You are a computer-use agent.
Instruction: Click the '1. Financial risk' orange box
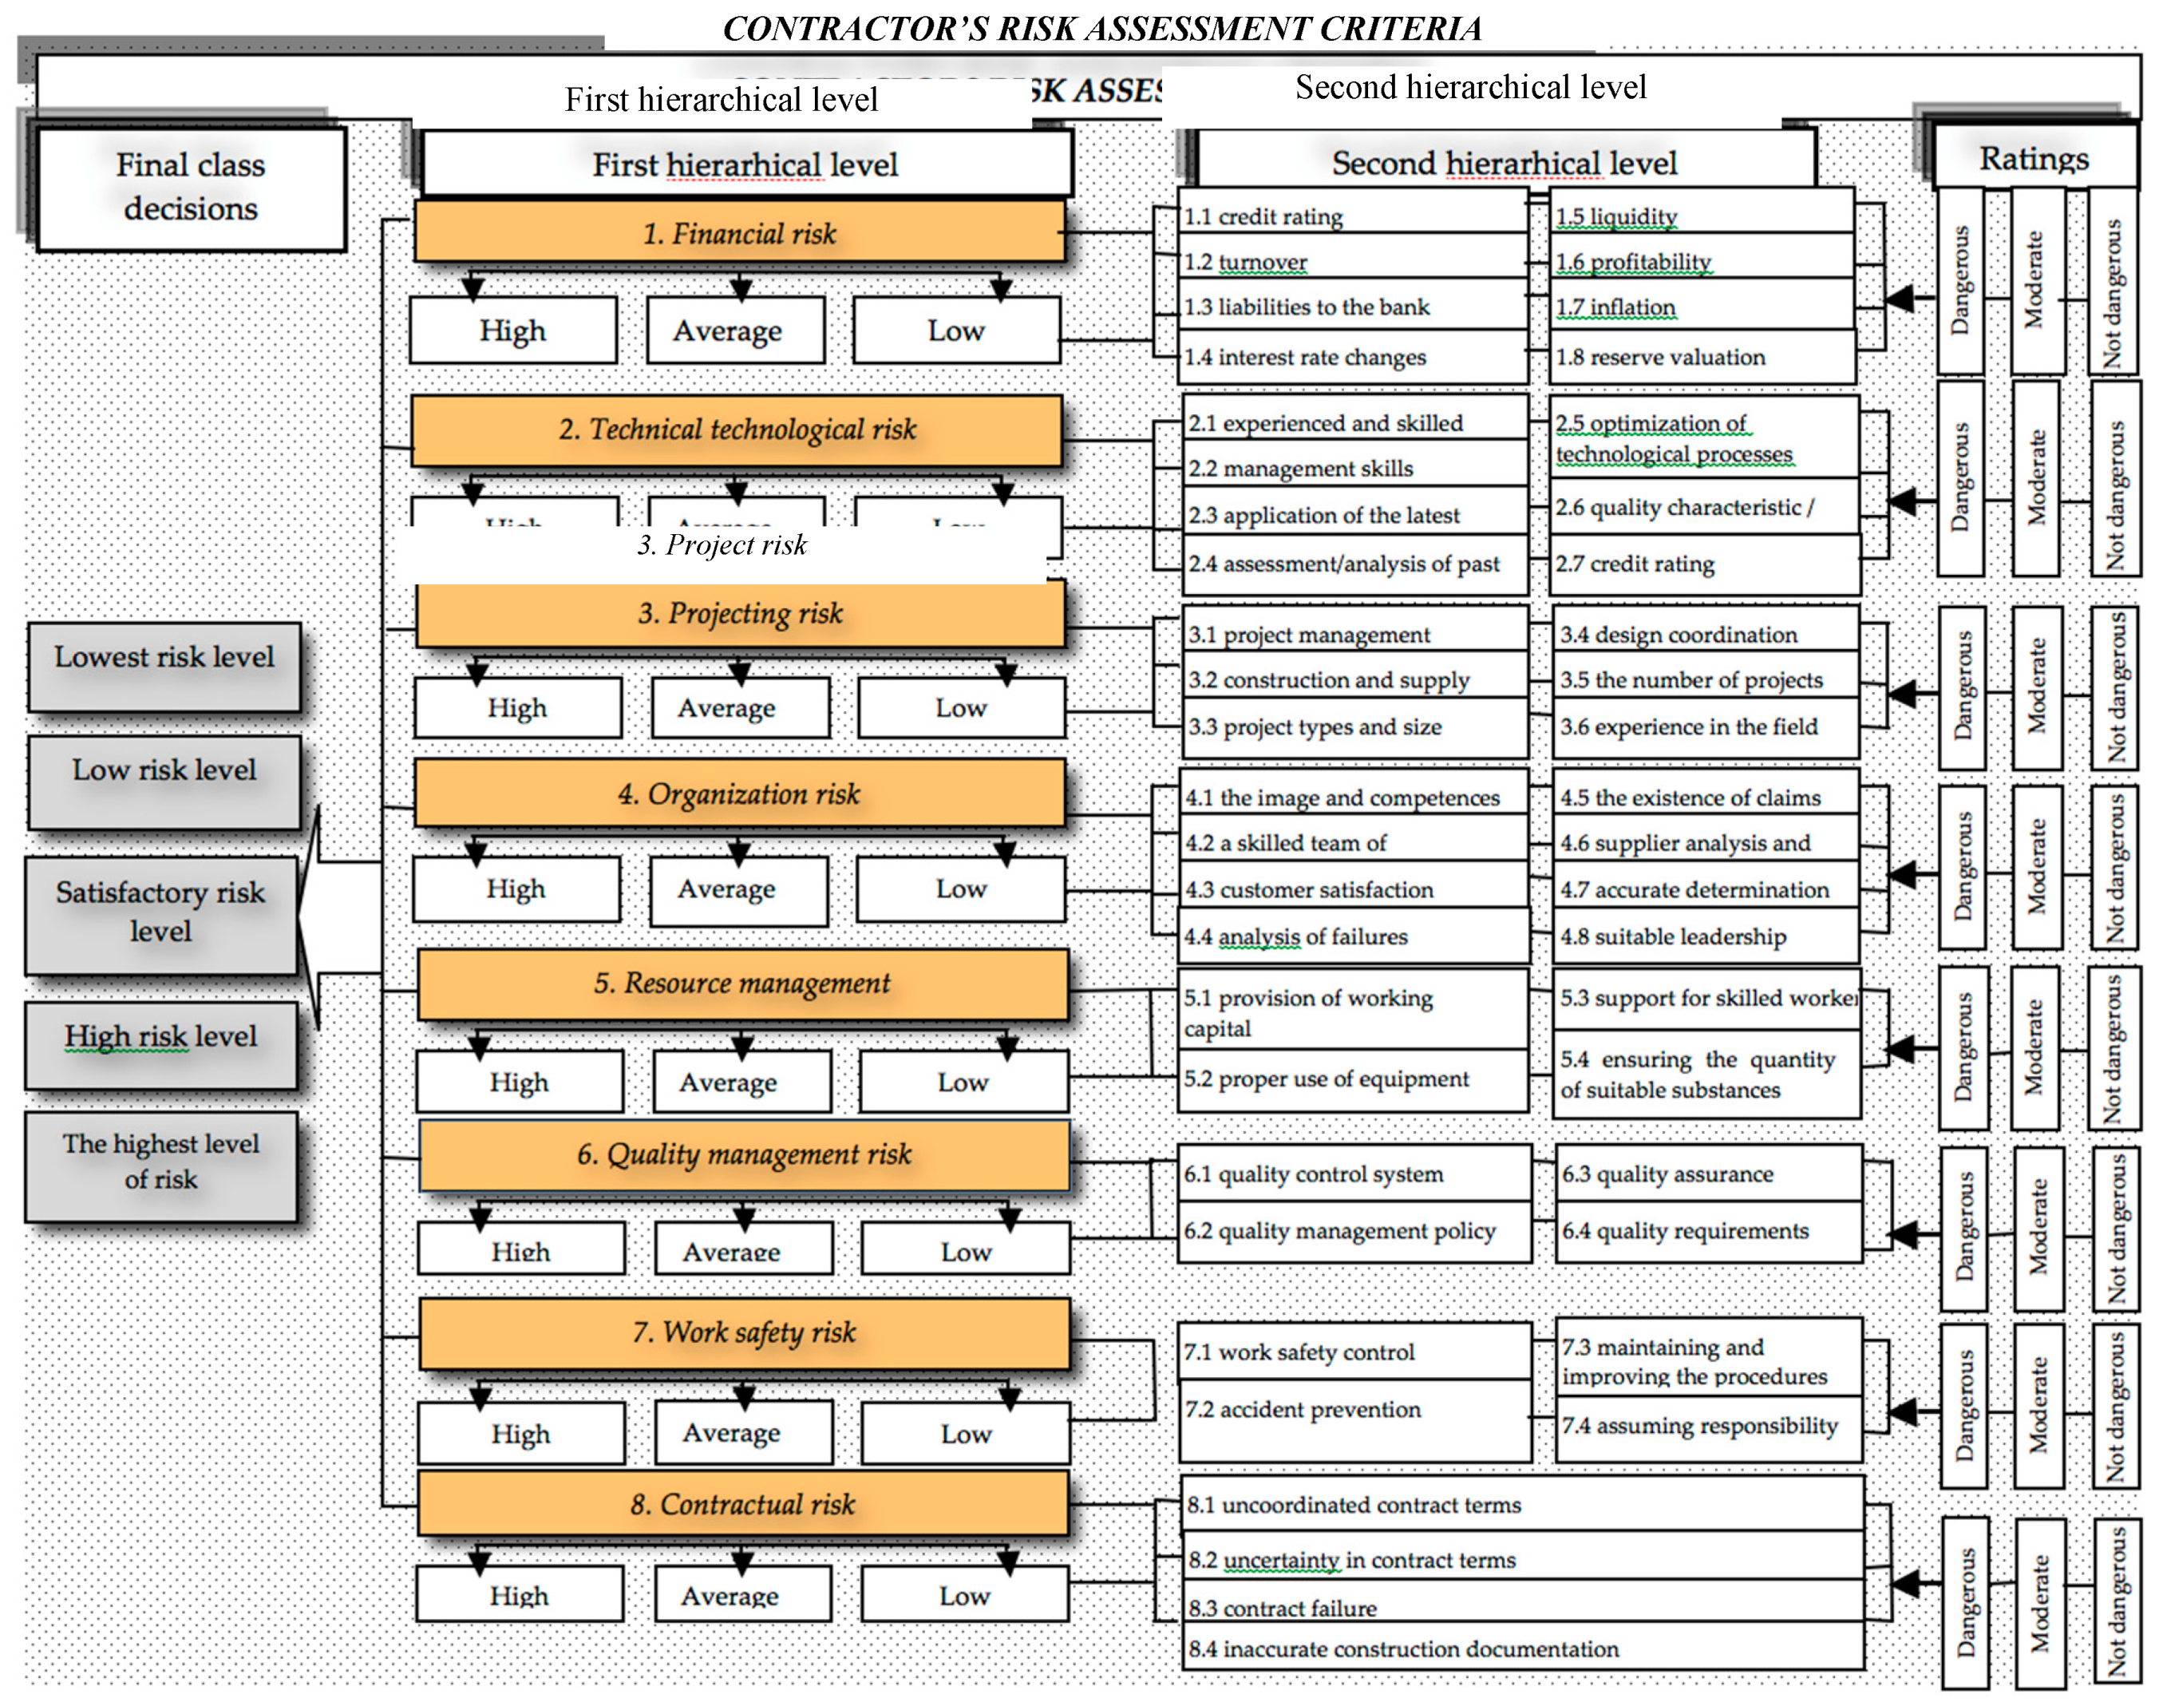pos(739,233)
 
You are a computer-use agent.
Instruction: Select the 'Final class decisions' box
pos(191,187)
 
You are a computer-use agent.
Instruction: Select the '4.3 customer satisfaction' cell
pos(1353,889)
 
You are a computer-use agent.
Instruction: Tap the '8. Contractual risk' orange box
pos(743,1503)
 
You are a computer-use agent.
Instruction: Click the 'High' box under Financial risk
pos(513,331)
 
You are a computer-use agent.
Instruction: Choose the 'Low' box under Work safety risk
pos(965,1433)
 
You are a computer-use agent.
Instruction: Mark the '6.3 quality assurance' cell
pos(1707,1174)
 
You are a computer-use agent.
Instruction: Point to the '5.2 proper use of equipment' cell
pos(1353,1079)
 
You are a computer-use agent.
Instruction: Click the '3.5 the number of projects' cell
pos(1706,680)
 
